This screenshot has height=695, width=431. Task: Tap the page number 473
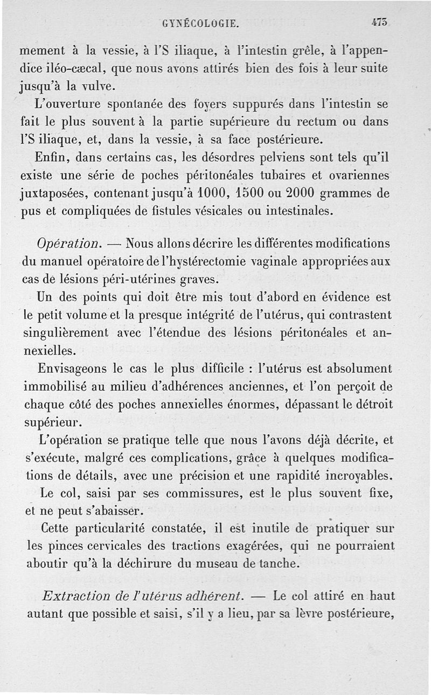(380, 23)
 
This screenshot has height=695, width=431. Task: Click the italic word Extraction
(77, 597)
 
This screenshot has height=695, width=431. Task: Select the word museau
(214, 564)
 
